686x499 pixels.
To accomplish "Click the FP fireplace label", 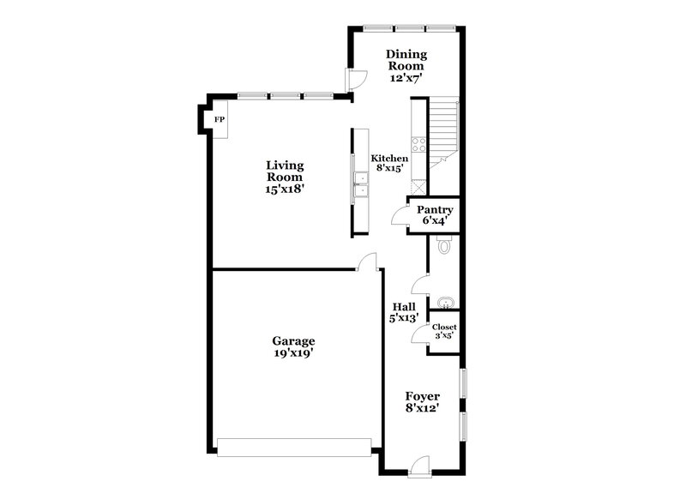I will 220,119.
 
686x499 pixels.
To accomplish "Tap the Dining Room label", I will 406,60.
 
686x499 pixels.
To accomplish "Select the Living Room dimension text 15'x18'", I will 285,189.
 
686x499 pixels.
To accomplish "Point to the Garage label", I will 294,340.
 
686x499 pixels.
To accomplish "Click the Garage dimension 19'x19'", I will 294,352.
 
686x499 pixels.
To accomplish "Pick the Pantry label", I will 435,210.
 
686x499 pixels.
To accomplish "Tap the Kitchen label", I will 388,159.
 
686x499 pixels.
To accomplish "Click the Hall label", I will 404,307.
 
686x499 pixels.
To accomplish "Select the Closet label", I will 444,328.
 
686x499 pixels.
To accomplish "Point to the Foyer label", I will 423,397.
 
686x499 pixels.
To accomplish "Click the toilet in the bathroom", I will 442,247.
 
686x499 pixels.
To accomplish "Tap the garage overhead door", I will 294,448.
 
